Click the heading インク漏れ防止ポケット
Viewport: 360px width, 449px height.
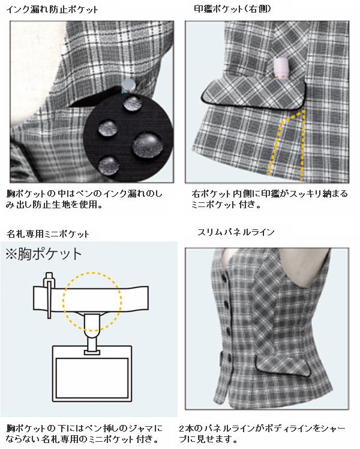52,10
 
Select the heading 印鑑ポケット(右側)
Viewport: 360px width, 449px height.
232,9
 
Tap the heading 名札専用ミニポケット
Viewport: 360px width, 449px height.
47,234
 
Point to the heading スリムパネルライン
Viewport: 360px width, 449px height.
236,232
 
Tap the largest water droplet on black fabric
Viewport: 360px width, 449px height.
148,144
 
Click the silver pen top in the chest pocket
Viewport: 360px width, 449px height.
128,85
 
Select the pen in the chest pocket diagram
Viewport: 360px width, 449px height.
49,295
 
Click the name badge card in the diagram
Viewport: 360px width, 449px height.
92,374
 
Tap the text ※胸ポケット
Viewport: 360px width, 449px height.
44,254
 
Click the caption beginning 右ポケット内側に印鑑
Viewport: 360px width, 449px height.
269,199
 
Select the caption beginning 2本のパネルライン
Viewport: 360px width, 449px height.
262,433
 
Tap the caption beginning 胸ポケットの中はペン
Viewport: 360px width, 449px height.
84,199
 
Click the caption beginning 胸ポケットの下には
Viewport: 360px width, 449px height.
84,433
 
